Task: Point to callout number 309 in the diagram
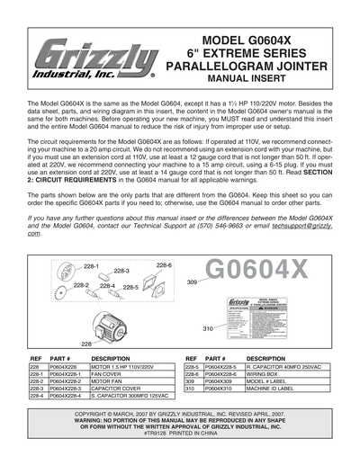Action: click(x=192, y=282)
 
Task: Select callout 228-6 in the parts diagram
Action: click(x=164, y=267)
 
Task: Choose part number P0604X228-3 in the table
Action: click(x=71, y=387)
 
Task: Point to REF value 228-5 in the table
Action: click(x=193, y=368)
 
